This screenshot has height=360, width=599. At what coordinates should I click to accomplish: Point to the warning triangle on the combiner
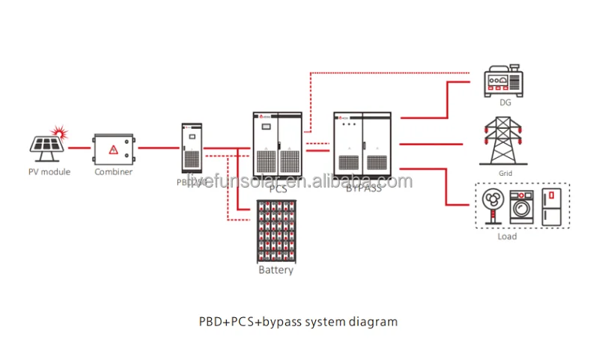(x=113, y=149)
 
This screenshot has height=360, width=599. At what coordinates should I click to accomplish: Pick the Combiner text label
(x=113, y=171)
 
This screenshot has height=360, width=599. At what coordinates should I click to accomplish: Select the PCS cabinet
(x=277, y=146)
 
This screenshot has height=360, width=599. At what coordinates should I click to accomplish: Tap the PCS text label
(x=278, y=189)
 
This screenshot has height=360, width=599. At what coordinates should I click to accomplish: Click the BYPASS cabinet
(x=362, y=146)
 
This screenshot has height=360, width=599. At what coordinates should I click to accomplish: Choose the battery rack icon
(x=276, y=231)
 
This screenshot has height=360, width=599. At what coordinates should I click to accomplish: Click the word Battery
(x=276, y=269)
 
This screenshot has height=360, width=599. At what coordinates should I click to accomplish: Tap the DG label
(x=505, y=103)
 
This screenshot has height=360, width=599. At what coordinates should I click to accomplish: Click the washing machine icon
(x=521, y=205)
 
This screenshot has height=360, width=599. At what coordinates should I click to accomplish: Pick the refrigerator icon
(x=551, y=204)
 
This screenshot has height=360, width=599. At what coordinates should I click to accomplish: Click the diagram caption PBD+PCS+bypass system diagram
(x=298, y=322)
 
